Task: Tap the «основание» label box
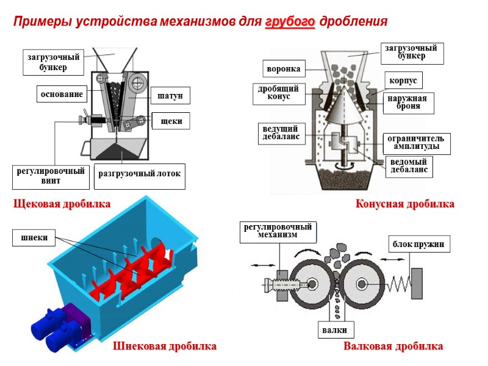(x=62, y=95)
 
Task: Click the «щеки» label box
(x=171, y=121)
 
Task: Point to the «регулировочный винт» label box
(x=51, y=176)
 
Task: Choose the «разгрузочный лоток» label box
(x=140, y=174)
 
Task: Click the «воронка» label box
(x=284, y=67)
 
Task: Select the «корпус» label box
(x=403, y=80)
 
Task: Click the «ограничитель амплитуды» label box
(x=416, y=143)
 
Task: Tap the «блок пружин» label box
(x=420, y=245)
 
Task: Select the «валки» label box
(x=335, y=330)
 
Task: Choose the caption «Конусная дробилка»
(x=405, y=204)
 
